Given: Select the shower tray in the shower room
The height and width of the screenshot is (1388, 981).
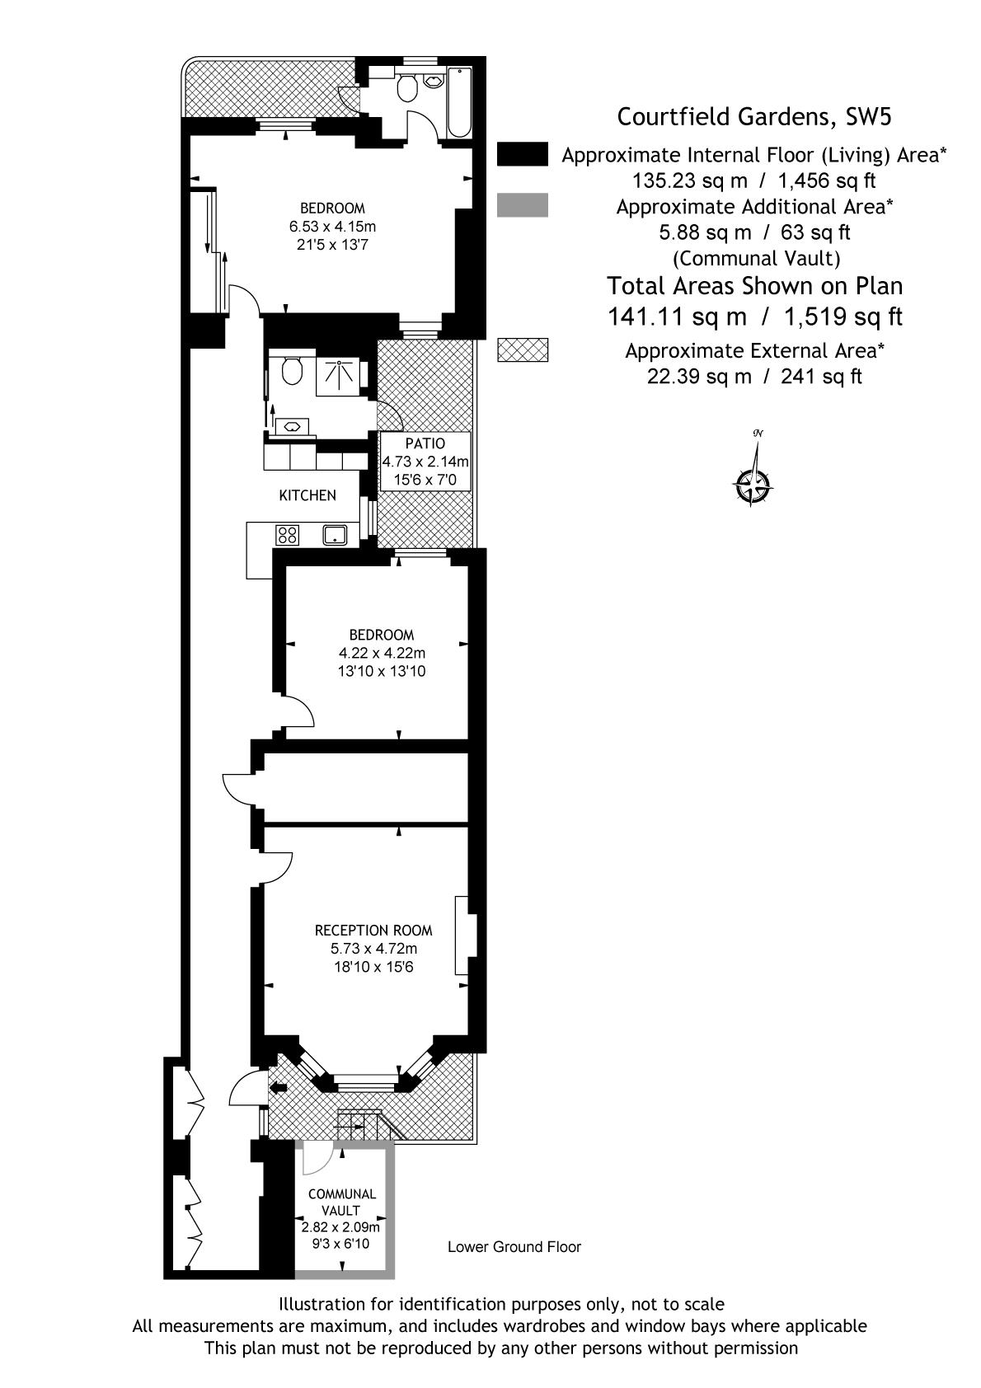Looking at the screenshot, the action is pos(338,377).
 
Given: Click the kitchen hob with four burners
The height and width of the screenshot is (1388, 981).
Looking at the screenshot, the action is pos(287,535).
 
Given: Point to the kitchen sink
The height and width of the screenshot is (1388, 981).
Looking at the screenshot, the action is pos(335,535).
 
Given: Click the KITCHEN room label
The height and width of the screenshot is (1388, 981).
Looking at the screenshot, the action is pos(307,495).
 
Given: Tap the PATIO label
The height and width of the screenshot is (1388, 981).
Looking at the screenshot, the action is pos(425,443).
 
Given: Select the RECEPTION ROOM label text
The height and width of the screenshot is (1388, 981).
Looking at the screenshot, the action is pos(373,930).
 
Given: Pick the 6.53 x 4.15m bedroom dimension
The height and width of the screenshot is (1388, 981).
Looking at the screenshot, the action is pos(333,226).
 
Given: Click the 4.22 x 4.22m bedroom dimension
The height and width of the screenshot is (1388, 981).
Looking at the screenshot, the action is pos(382,653).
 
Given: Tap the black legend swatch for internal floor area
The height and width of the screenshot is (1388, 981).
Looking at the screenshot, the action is pos(523,154).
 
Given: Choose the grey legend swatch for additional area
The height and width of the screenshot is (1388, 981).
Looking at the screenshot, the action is pos(523,205).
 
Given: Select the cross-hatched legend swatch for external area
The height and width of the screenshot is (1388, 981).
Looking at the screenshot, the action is pos(523,349).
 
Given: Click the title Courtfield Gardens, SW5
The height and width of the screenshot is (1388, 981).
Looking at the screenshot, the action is pos(754,116).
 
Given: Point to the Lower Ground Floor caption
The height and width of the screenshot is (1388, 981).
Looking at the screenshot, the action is pos(514,1247).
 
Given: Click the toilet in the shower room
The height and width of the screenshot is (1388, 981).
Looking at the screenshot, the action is pos(292,370).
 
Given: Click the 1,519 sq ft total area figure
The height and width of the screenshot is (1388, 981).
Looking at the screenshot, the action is pos(843,317).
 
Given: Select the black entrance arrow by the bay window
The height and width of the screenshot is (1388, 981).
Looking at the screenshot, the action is pos(279,1087).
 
